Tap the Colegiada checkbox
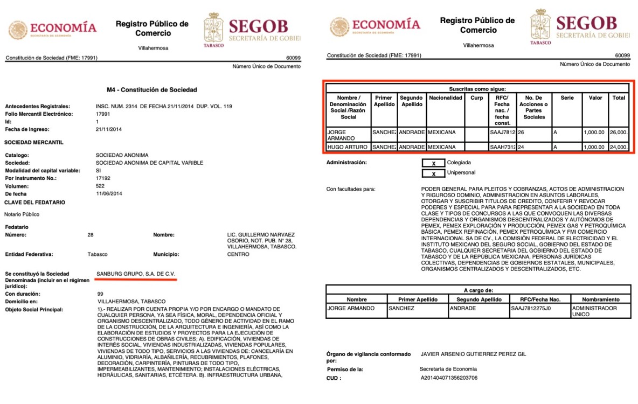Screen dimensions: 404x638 [x=433, y=163]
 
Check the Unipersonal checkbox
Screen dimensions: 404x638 [x=433, y=173]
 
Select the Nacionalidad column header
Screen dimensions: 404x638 [x=445, y=98]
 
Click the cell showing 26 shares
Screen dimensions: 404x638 [x=533, y=132]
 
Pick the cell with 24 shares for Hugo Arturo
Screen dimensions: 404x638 [x=533, y=147]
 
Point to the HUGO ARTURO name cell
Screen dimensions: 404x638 [x=348, y=147]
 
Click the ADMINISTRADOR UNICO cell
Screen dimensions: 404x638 [x=600, y=311]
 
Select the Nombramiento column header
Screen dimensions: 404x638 [x=600, y=299]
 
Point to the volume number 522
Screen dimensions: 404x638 [x=101, y=185]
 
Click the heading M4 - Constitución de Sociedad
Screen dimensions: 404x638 [x=152, y=90]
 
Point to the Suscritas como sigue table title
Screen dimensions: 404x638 [x=477, y=88]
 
